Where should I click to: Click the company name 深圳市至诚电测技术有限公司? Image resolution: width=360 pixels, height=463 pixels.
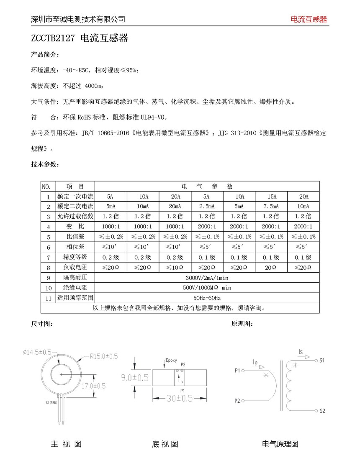coord(78,19)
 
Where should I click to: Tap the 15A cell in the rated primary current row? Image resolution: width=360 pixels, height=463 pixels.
coord(271,197)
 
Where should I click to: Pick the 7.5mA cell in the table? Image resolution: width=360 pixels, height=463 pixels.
coord(271,207)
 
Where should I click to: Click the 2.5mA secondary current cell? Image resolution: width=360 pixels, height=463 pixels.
coord(207,207)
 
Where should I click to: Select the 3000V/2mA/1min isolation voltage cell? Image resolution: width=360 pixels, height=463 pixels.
coord(207,278)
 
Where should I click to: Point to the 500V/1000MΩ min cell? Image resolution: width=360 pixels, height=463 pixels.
coord(207,288)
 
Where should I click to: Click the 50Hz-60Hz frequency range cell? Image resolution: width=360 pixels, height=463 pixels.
coord(207,298)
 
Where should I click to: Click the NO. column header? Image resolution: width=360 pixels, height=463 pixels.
coord(47,187)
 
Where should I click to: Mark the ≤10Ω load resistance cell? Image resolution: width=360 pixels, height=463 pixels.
coord(175,268)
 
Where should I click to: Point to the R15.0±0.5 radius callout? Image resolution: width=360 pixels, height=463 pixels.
coord(104,356)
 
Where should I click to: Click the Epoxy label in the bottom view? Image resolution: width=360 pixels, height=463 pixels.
coord(171,360)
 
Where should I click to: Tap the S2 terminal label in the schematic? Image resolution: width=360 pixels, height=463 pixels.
coord(322,411)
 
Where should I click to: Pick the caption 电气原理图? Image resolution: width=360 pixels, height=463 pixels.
coord(280,444)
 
